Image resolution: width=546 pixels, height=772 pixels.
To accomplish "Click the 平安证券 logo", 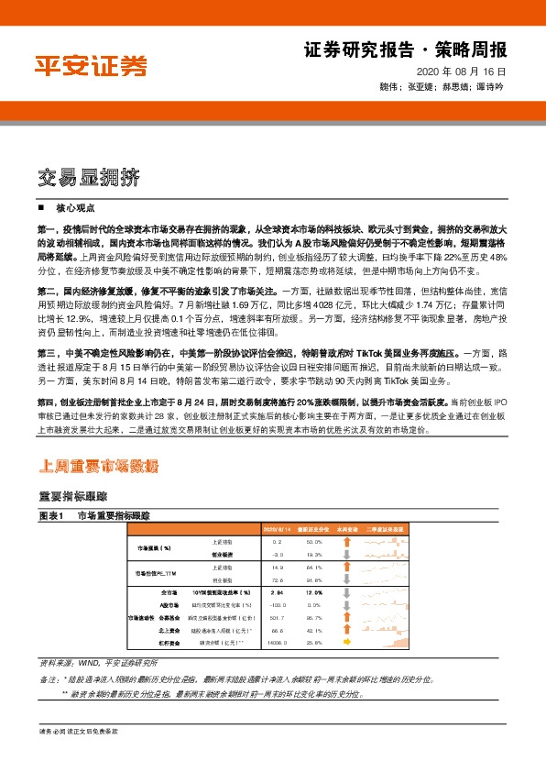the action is click(90, 65).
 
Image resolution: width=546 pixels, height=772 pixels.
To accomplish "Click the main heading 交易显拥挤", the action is click(89, 176).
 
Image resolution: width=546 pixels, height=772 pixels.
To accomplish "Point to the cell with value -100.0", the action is click(277, 606).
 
